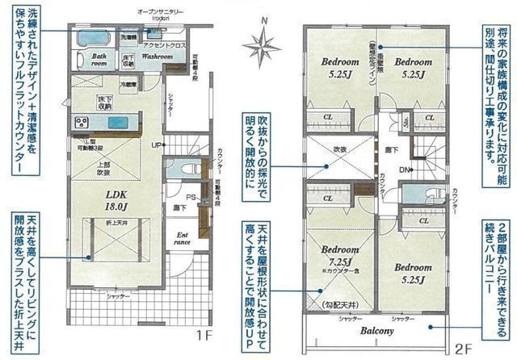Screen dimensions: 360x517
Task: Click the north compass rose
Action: (x=262, y=48)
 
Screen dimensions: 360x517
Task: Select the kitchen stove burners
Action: (x=82, y=123)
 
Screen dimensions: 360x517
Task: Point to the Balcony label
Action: (x=376, y=332)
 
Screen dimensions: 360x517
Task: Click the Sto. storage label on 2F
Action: (x=406, y=119)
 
